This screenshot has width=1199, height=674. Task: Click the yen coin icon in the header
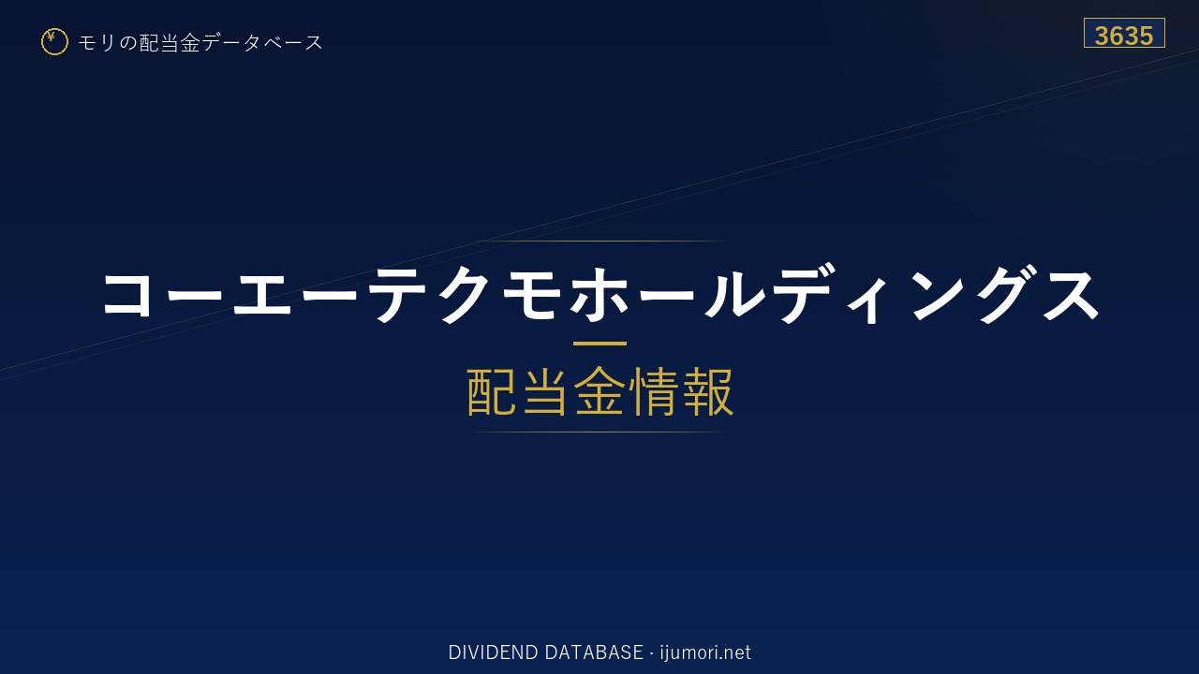(x=54, y=42)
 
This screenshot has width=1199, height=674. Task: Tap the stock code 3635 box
(x=1124, y=33)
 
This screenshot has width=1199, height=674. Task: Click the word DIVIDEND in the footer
(x=493, y=652)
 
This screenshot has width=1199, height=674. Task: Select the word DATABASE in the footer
(x=594, y=652)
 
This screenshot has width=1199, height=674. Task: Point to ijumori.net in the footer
(x=705, y=652)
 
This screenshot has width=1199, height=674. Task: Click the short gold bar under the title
(x=599, y=344)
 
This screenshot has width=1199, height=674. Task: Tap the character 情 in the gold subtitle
(x=653, y=391)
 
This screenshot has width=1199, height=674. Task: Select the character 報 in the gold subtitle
(x=707, y=391)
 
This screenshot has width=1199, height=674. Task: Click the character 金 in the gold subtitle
(x=599, y=391)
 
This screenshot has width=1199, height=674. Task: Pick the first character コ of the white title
(x=126, y=295)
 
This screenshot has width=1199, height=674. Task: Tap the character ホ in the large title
(x=599, y=294)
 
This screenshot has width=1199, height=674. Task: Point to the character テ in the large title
(x=396, y=295)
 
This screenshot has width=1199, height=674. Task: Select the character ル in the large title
(x=734, y=295)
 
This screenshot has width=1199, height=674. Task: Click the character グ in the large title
(x=1005, y=294)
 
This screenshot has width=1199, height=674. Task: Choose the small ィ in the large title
(x=868, y=304)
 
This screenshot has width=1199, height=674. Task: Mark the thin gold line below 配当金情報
(x=599, y=432)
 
